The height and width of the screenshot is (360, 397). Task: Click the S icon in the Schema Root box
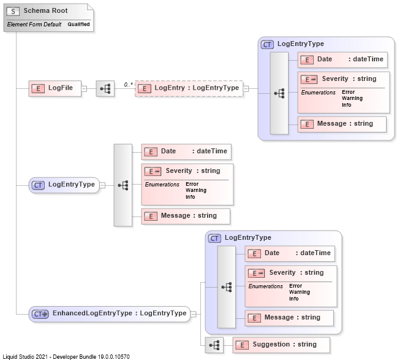(x=13, y=11)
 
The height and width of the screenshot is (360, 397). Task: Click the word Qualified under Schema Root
(x=78, y=25)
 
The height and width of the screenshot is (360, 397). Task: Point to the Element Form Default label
(x=34, y=25)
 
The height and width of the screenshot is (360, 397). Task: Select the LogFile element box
(x=55, y=88)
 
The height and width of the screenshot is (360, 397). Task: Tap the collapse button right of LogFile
(x=83, y=88)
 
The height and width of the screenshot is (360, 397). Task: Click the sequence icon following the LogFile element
(x=105, y=88)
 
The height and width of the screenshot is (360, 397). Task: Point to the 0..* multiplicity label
(x=129, y=83)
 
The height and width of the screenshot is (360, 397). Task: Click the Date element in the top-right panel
(x=343, y=59)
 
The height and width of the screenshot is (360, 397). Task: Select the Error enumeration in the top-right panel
(x=348, y=92)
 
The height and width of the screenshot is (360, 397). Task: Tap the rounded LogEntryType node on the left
(x=64, y=185)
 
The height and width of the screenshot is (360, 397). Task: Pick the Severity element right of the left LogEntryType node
(x=187, y=171)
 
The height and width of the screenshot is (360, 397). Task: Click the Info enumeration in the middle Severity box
(x=190, y=197)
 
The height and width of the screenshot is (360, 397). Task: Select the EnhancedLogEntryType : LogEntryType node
(x=110, y=313)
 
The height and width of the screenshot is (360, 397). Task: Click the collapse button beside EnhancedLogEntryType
(x=193, y=313)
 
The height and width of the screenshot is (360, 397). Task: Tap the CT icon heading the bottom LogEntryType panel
(x=214, y=238)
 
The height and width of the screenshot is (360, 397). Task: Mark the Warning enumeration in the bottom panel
(x=300, y=292)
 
